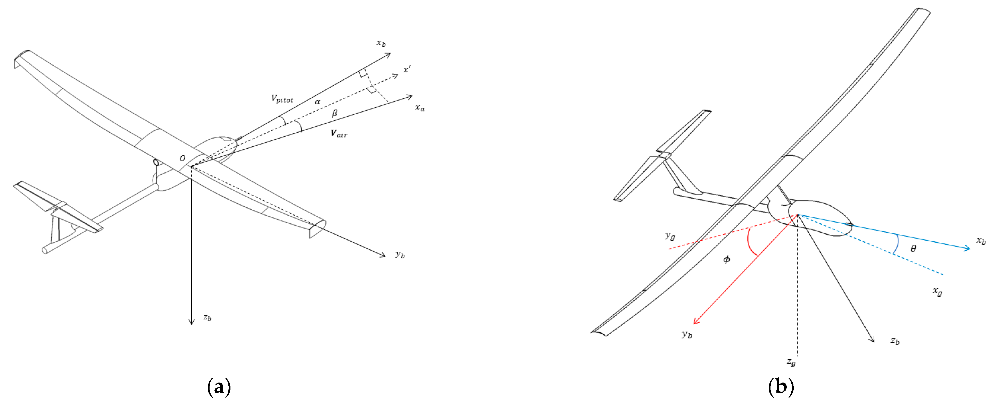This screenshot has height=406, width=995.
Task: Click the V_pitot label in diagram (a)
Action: pyautogui.click(x=282, y=99)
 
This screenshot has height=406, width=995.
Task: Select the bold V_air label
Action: pyautogui.click(x=339, y=133)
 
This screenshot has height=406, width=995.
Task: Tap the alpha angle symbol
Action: pyautogui.click(x=318, y=102)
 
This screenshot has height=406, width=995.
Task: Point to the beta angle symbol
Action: pyautogui.click(x=335, y=113)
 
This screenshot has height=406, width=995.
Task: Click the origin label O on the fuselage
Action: pyautogui.click(x=182, y=158)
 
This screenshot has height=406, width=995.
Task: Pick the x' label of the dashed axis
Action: pyautogui.click(x=407, y=70)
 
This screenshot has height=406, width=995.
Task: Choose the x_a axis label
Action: pyautogui.click(x=419, y=108)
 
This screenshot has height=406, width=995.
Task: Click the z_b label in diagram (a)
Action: pyautogui.click(x=207, y=318)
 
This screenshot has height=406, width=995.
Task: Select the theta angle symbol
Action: pyautogui.click(x=913, y=249)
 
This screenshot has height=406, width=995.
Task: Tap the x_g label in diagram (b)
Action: pyautogui.click(x=938, y=291)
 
